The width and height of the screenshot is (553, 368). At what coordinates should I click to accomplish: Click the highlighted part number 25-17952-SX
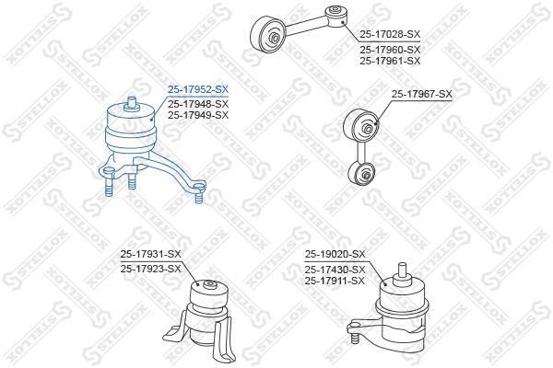(198, 90)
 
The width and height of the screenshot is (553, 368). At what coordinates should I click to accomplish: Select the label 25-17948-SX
(198, 104)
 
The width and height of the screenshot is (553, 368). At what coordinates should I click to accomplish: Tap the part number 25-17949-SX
(198, 115)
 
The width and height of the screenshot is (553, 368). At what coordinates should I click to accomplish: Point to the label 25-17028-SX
(390, 35)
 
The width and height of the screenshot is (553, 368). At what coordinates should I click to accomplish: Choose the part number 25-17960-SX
(390, 50)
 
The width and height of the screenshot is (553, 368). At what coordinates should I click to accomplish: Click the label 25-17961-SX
(390, 61)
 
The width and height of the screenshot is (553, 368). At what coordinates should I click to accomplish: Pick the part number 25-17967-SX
(422, 95)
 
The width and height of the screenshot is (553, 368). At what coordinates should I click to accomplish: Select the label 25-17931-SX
(150, 254)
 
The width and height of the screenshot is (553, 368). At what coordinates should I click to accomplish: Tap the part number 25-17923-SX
(150, 269)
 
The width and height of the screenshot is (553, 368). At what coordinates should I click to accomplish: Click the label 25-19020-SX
(335, 254)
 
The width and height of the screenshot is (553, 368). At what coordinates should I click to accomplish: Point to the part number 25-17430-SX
(335, 270)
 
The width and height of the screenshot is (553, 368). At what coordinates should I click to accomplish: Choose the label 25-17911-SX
(335, 281)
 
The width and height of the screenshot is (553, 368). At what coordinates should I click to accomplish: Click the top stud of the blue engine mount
(131, 103)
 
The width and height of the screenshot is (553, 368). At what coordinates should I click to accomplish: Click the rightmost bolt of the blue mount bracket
(200, 194)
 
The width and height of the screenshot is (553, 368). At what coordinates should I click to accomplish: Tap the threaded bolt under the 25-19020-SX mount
(356, 339)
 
